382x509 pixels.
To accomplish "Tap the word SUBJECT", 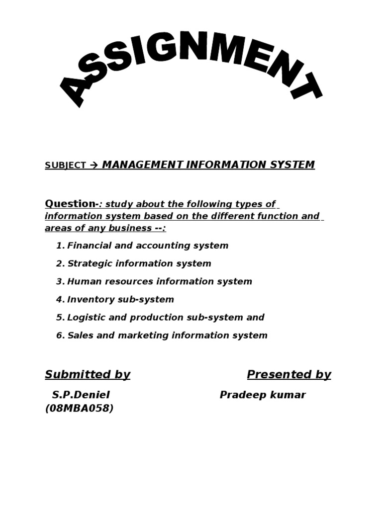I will point(65,166).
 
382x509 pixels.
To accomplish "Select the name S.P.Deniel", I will point(81,395).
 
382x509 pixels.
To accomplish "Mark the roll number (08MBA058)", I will point(79,409).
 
